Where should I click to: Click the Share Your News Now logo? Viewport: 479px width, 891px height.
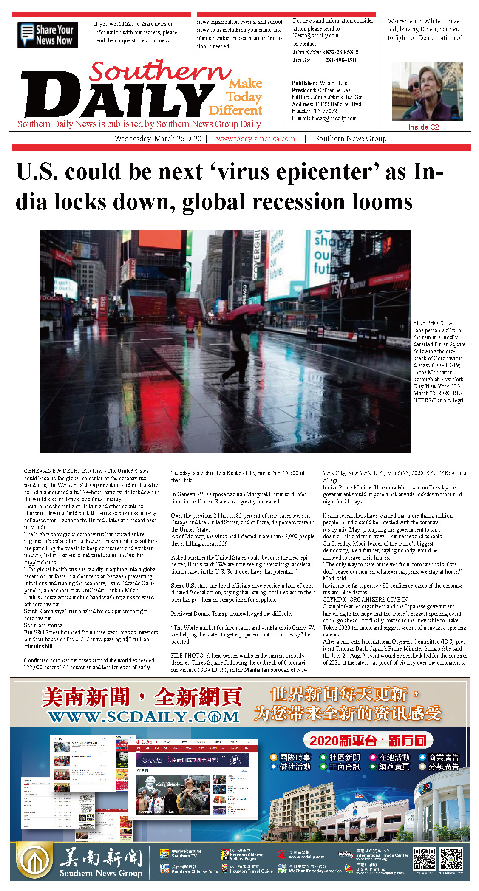coord(47,35)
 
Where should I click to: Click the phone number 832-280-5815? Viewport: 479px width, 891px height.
coord(342,52)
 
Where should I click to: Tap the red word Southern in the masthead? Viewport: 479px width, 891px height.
coord(159,71)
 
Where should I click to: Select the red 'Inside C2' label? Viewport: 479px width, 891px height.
coord(423,127)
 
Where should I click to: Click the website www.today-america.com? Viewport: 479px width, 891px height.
coord(255,139)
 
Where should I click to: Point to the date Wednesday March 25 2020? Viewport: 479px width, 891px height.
coord(158,139)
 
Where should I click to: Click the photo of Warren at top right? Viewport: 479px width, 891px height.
coord(427,91)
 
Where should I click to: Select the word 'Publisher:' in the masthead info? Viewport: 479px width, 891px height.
coord(304,83)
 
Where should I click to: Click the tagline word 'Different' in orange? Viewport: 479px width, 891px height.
coord(235,110)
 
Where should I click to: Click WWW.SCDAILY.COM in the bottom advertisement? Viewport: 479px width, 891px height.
coord(144,717)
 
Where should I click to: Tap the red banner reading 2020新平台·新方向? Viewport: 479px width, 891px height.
coord(368,741)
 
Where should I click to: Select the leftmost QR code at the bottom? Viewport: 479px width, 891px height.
coord(424,859)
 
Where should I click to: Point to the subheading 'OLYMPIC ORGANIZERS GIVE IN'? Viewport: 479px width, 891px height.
coord(365,600)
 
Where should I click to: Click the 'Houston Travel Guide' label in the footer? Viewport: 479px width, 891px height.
coord(251,871)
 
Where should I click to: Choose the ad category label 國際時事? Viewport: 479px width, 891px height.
coord(295,757)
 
